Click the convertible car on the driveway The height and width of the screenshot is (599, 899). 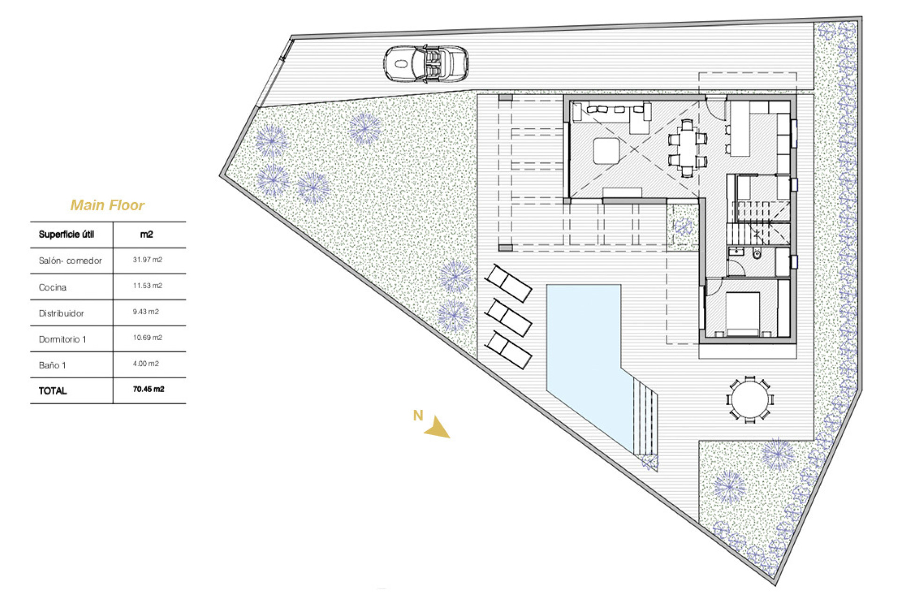click(426, 64)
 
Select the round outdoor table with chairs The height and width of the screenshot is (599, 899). click(750, 400)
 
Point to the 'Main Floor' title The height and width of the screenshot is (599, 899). click(107, 205)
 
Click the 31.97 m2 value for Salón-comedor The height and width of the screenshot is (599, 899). click(147, 260)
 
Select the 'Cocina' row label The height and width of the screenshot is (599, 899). click(52, 287)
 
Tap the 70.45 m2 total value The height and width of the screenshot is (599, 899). click(148, 389)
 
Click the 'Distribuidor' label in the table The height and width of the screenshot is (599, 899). click(61, 314)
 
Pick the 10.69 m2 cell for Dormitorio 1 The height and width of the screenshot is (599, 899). click(147, 337)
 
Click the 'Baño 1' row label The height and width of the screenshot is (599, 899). click(52, 365)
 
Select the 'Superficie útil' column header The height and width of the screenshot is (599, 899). click(66, 234)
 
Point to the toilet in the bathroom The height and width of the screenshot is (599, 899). click(757, 254)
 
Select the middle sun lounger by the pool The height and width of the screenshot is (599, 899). click(508, 318)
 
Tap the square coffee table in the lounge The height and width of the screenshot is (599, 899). click(606, 151)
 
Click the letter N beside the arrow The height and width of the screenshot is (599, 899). click(418, 416)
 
